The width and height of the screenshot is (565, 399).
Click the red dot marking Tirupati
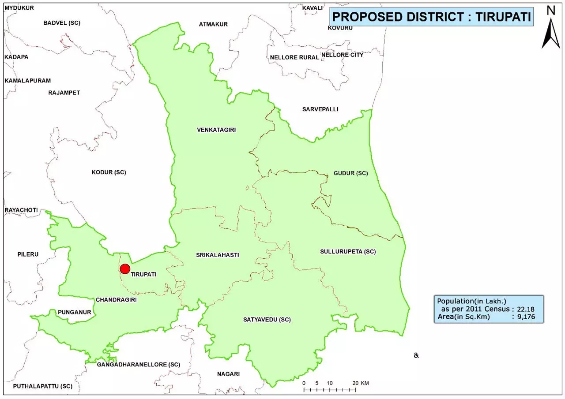(125, 269)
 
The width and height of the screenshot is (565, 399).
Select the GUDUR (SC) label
(350, 173)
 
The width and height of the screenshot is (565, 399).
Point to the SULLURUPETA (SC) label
(348, 252)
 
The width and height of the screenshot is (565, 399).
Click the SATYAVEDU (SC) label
(267, 320)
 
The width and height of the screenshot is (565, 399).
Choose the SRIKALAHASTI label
(218, 255)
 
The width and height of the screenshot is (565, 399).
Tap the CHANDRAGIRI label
(116, 299)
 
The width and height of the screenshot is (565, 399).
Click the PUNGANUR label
(74, 313)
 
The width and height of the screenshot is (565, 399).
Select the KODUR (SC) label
(109, 172)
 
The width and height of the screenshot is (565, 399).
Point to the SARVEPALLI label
(320, 109)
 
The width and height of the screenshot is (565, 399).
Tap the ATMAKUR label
(213, 24)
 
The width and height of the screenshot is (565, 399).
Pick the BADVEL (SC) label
(62, 22)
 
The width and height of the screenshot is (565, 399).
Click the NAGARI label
(228, 374)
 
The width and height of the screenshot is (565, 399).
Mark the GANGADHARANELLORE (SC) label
(139, 365)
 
